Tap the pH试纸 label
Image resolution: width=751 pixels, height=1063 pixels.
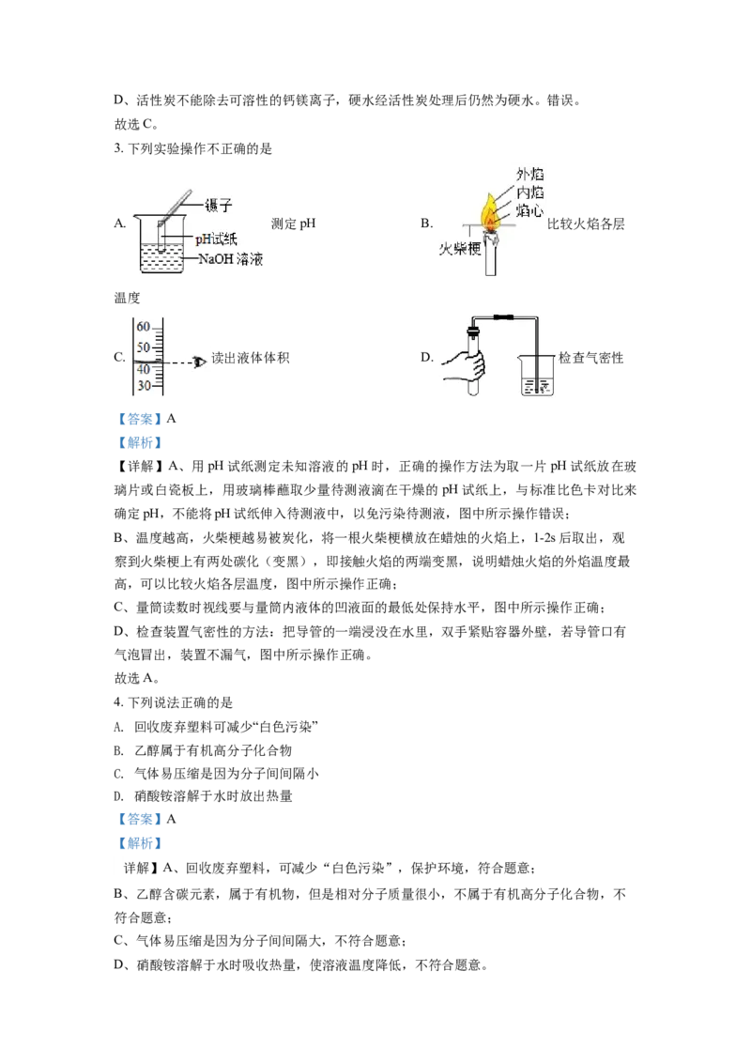[x=217, y=239]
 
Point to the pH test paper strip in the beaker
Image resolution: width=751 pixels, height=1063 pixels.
[x=162, y=233]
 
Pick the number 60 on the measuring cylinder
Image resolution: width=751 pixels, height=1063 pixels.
[x=143, y=327]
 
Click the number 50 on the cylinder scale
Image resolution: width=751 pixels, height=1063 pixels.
[x=143, y=347]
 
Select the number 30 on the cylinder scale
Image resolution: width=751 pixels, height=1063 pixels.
[x=143, y=386]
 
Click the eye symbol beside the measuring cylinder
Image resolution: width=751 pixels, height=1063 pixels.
[x=199, y=361]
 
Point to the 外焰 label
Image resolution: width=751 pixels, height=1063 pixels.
[x=530, y=175]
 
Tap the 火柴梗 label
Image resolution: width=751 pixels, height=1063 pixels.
[x=460, y=249]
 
